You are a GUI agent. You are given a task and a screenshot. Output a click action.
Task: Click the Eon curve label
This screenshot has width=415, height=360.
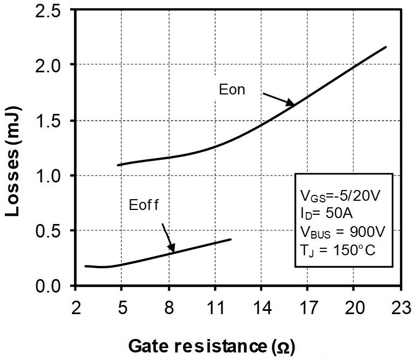coord(232,90)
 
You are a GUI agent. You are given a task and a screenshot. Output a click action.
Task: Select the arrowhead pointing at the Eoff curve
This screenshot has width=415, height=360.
coord(172,249)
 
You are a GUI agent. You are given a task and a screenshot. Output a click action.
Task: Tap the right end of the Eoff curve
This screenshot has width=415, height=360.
coord(230,239)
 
